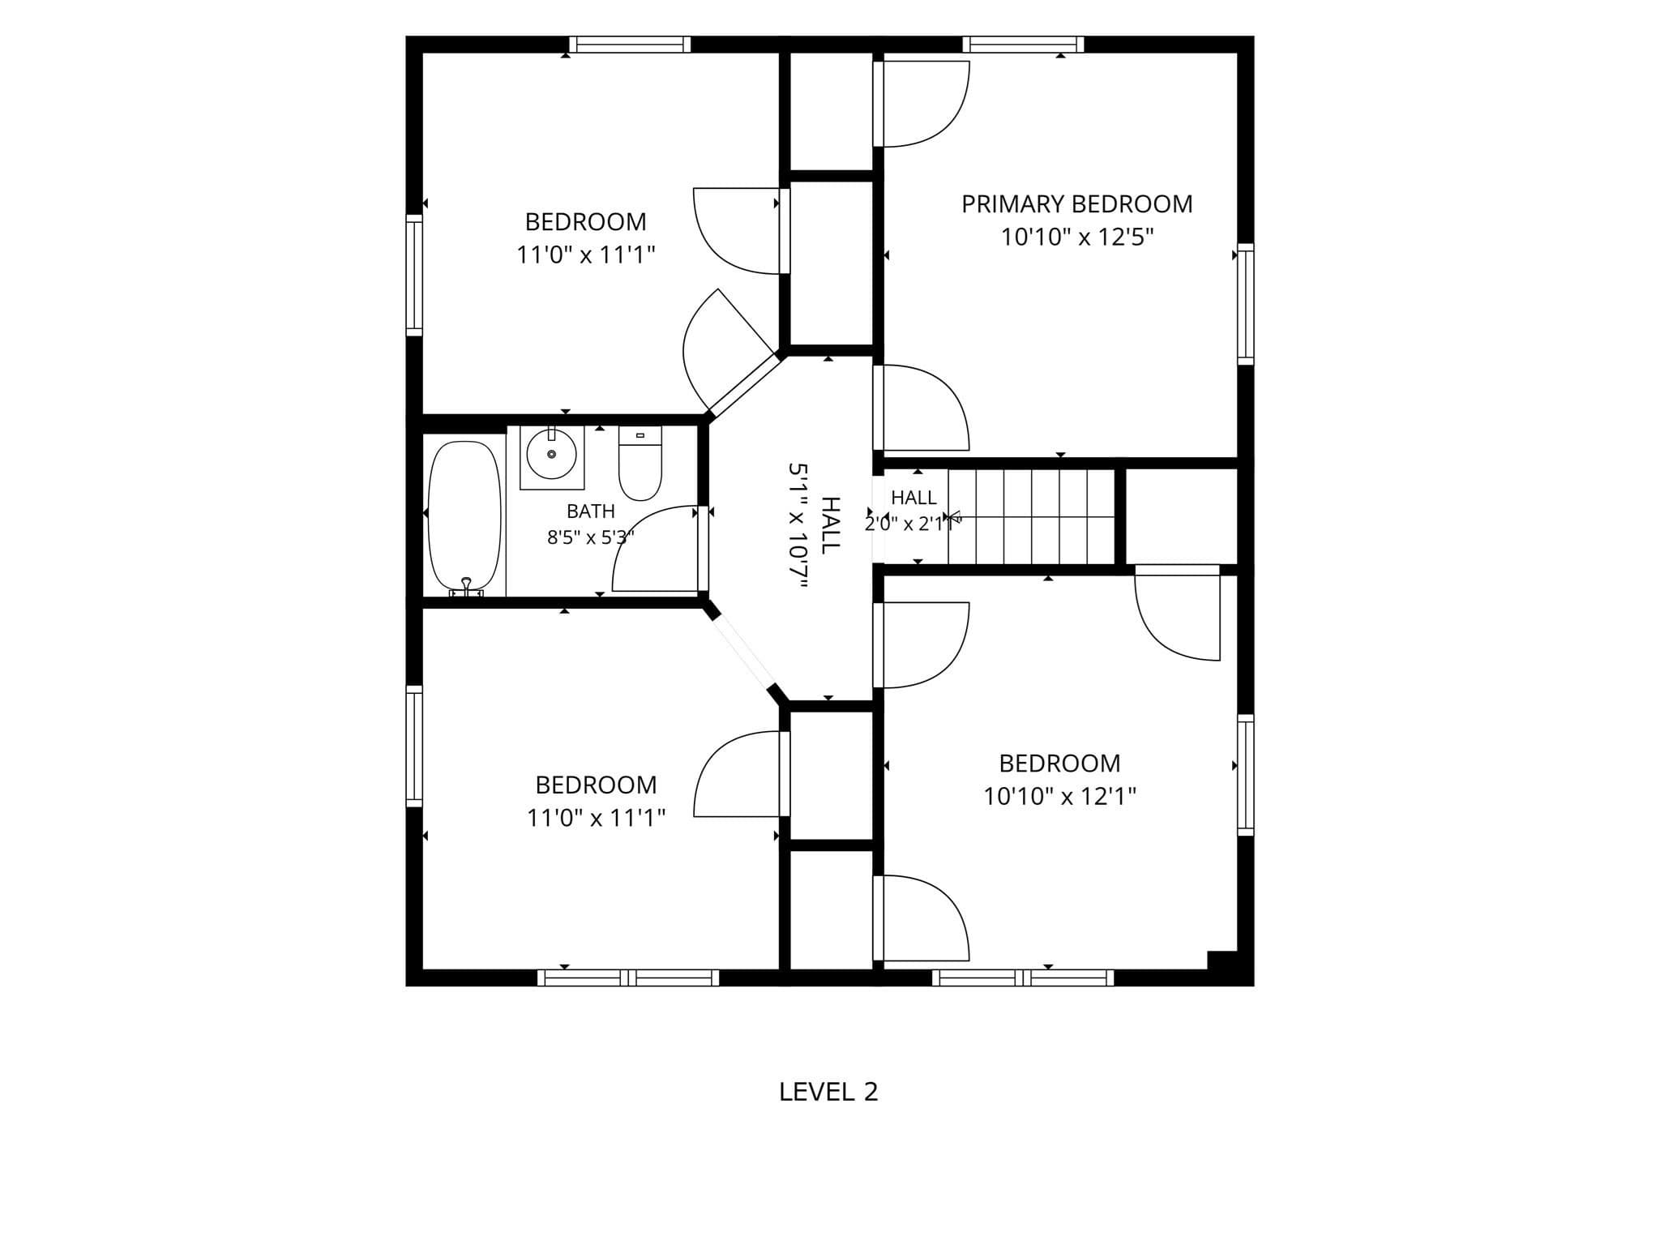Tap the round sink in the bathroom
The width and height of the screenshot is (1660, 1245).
click(551, 455)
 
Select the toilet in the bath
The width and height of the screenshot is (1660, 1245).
click(640, 463)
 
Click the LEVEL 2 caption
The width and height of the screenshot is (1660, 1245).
click(828, 1092)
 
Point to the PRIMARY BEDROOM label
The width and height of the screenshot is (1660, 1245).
click(1077, 203)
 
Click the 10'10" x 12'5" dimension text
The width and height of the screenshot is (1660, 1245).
click(1077, 237)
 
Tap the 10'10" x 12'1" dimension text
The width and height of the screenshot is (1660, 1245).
click(1060, 797)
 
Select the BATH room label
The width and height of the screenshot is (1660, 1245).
click(591, 511)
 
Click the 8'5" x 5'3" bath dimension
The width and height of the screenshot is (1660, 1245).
click(591, 537)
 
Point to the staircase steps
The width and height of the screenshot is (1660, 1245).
click(1032, 516)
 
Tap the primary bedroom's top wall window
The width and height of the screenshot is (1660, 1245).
click(1024, 45)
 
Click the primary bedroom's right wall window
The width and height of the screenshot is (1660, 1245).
click(1246, 304)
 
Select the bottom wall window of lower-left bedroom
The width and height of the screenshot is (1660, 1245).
click(628, 978)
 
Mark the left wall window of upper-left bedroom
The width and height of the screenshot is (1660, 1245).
click(414, 276)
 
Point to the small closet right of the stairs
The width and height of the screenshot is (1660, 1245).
click(1182, 516)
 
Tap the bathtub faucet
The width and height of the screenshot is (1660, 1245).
click(466, 588)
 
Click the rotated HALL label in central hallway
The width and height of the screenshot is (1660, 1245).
click(831, 524)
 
